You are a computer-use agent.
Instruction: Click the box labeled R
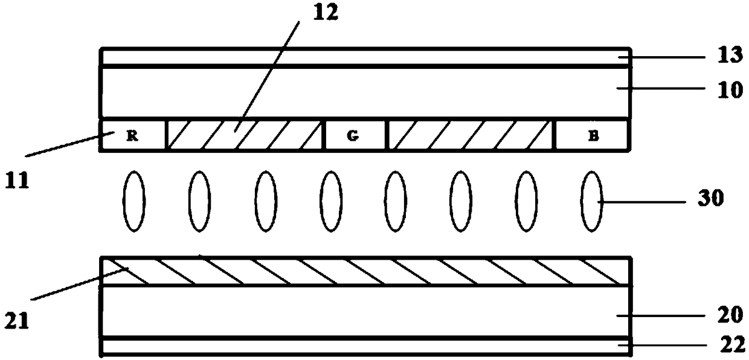(x=132, y=135)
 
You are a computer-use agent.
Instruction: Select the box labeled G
(x=355, y=135)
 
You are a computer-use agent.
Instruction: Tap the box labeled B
(x=593, y=135)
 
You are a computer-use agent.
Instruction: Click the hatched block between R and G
(x=245, y=135)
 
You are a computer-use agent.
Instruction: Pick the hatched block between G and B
(x=470, y=135)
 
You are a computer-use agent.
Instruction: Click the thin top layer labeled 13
(x=362, y=57)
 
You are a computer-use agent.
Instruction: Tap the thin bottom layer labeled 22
(x=362, y=347)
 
